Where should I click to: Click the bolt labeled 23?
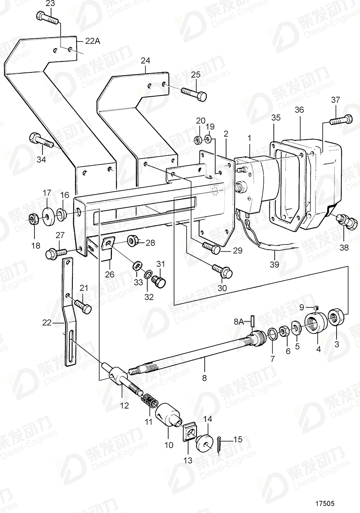(x=47, y=17)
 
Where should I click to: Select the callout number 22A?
(x=92, y=40)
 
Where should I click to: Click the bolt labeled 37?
(x=340, y=120)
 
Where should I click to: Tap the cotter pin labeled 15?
(x=218, y=441)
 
